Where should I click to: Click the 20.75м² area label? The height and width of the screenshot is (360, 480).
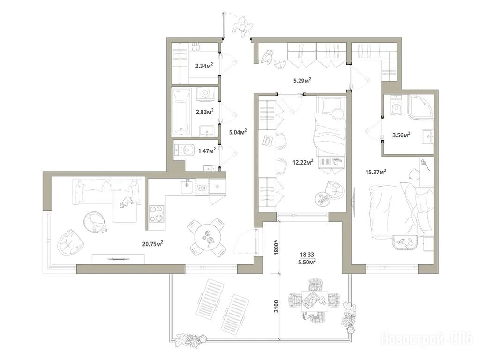(152, 244)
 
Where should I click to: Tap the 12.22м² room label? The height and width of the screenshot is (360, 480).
(303, 162)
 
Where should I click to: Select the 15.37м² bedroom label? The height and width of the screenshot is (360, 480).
(375, 172)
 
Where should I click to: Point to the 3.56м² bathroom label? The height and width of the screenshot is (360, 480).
(401, 135)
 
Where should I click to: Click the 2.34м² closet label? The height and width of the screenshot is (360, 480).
(204, 66)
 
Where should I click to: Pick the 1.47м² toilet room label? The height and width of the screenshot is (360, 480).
(207, 150)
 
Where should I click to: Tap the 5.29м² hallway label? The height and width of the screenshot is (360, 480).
(302, 81)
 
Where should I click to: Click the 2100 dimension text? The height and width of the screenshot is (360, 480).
(277, 306)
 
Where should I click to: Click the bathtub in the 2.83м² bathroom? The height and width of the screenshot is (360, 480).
(181, 112)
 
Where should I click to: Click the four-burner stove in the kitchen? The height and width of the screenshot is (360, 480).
(157, 214)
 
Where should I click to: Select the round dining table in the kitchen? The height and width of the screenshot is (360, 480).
(208, 237)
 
